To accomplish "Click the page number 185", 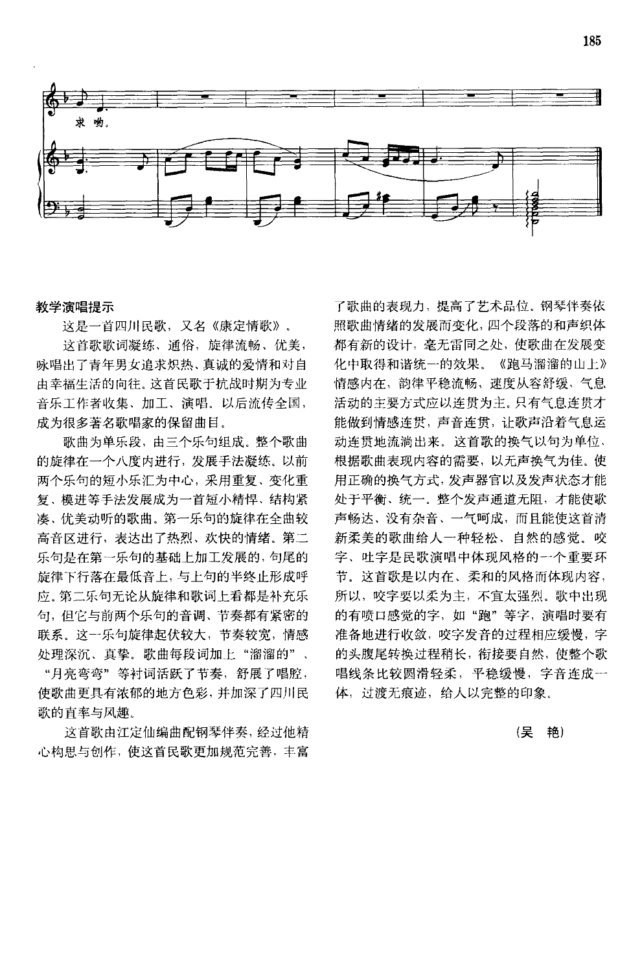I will click(592, 41).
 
